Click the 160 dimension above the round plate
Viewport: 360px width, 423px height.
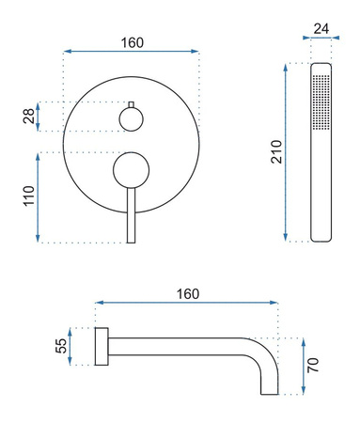[x=132, y=43]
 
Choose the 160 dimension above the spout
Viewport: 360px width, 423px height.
[x=187, y=293]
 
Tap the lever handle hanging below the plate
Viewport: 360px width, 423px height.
[x=131, y=216]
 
